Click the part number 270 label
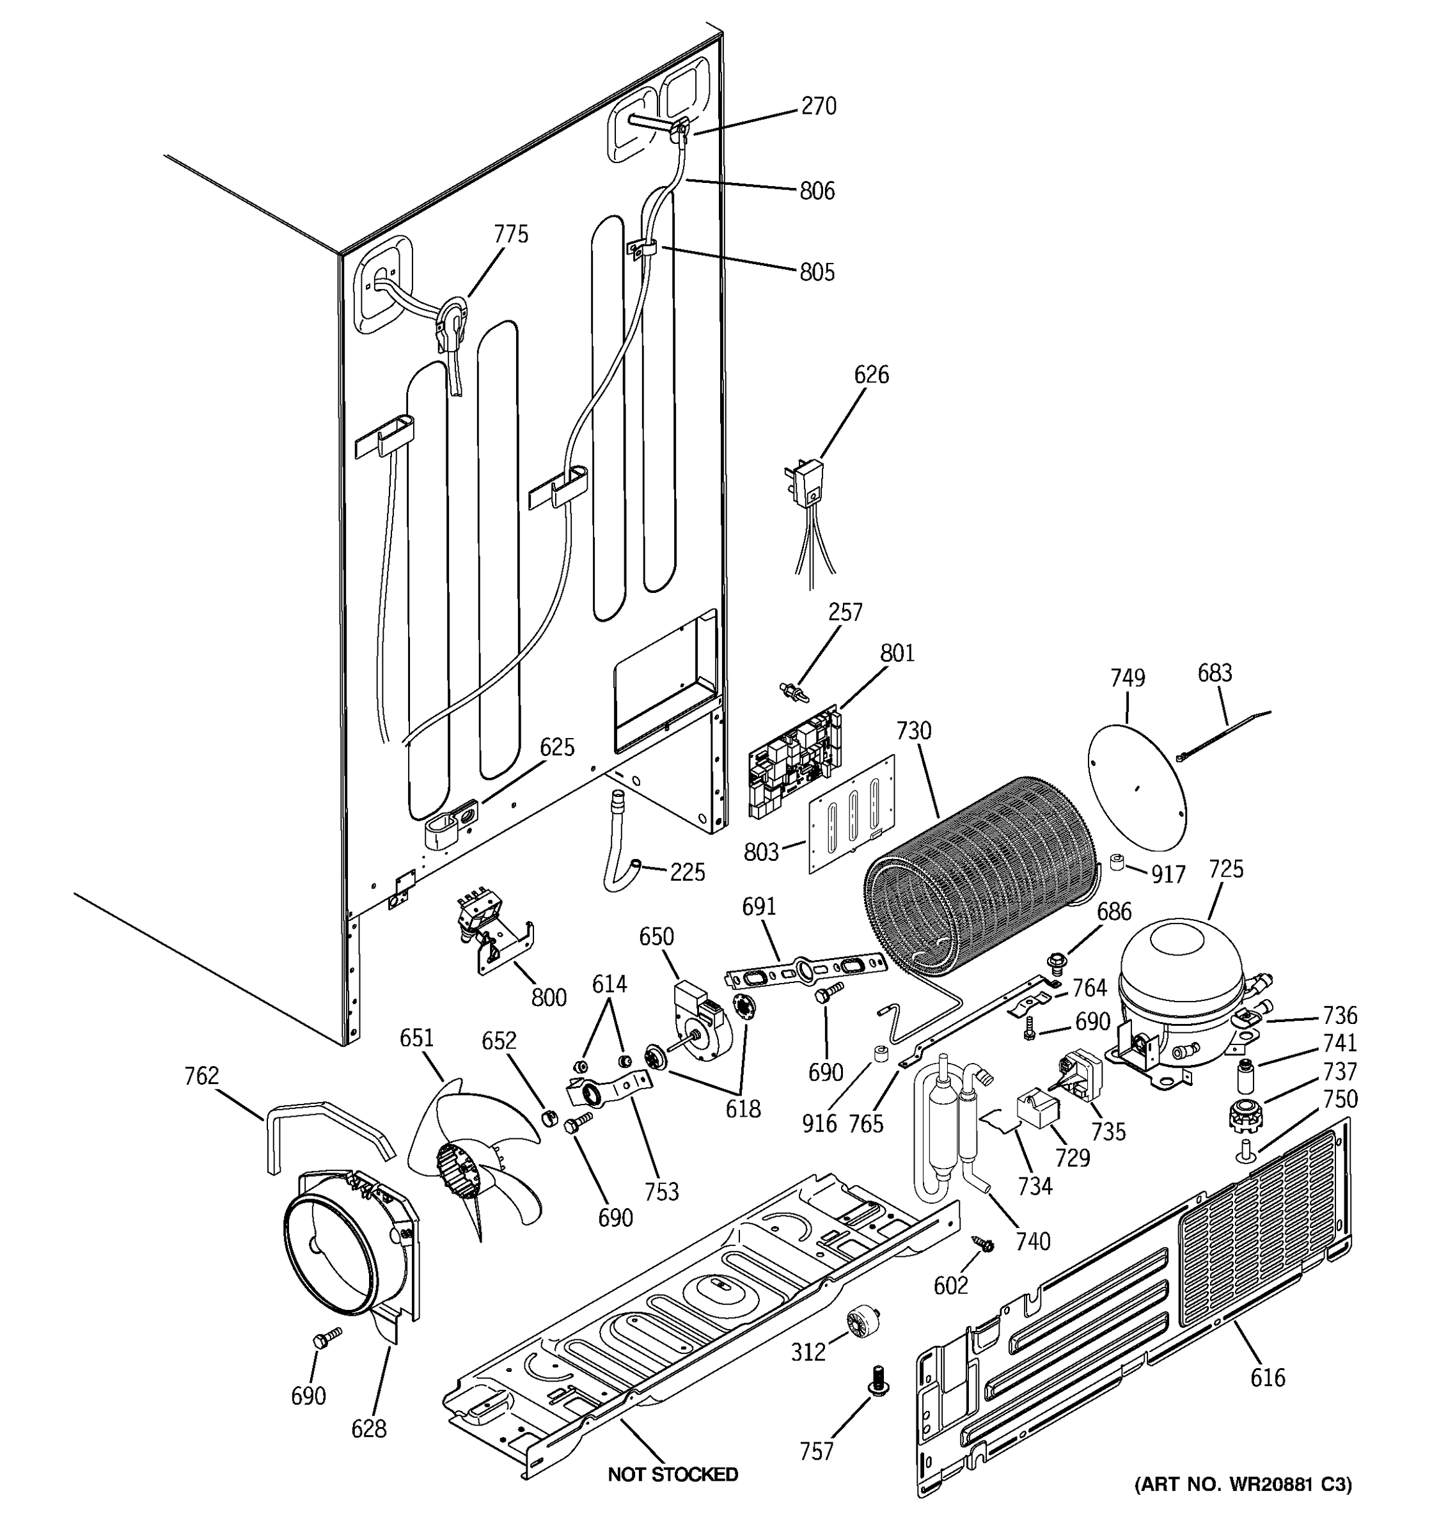tap(819, 107)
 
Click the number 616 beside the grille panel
tap(1268, 1377)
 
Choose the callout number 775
tap(511, 234)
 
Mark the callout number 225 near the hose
tap(687, 872)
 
